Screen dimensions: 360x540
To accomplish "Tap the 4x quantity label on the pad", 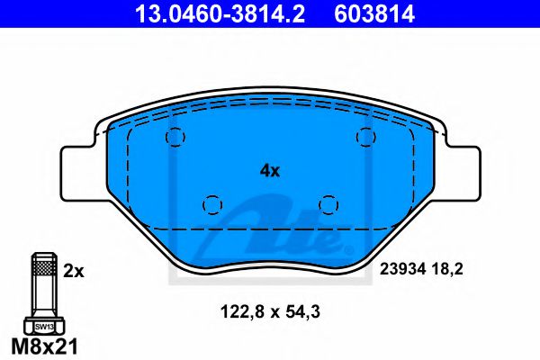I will [270, 168].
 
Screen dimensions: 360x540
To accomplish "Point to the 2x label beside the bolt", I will [73, 268].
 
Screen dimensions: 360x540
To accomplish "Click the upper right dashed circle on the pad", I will [364, 136].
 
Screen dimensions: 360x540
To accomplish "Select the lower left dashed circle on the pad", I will [213, 205].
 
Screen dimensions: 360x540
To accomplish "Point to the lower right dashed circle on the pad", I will [328, 205].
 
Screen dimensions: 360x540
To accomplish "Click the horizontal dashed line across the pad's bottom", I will [270, 230].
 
